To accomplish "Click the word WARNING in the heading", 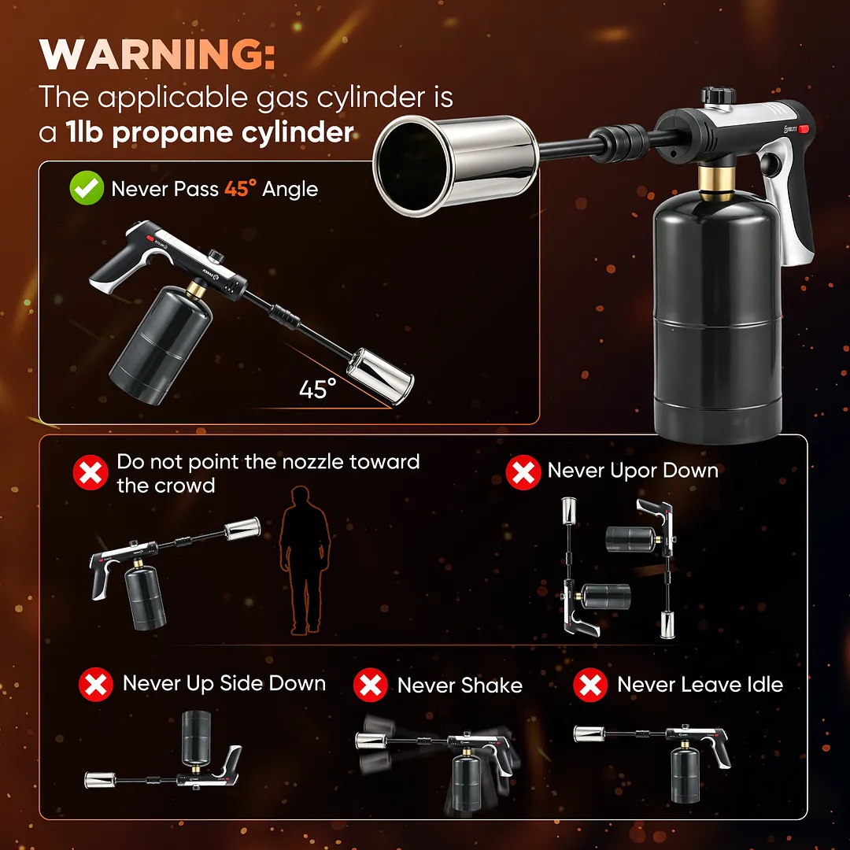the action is coord(157,55).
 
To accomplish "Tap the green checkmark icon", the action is coord(87,187).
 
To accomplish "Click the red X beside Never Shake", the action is coord(370,685).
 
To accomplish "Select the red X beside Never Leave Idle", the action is coord(590,685).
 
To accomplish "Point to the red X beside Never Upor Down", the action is coord(523,472).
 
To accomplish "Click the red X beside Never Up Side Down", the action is coord(96,684).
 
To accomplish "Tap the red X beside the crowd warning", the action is coord(91,472).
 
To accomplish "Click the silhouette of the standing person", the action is coord(304,560).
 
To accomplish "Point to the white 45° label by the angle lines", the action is coord(318,389).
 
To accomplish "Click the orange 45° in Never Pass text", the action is coord(240,189).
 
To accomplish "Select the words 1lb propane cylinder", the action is coord(210,132).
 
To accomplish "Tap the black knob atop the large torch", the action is coord(719,97).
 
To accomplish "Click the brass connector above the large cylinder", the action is coord(716,183).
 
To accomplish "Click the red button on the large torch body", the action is coord(803,129).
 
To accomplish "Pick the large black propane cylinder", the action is coord(717,317).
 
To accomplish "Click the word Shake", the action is coord(492,686).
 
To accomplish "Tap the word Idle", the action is coord(766,684).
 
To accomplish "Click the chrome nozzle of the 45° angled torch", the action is coord(381,377).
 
